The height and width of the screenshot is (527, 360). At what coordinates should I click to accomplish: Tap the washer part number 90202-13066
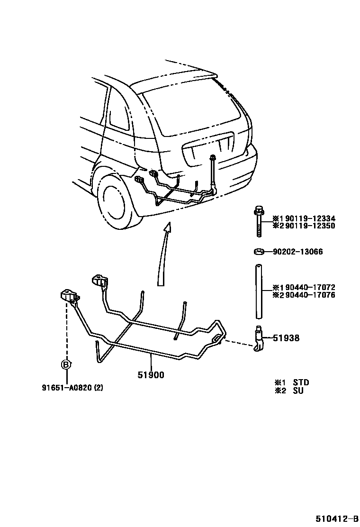[298, 252]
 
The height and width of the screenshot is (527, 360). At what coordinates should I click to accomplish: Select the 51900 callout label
[151, 375]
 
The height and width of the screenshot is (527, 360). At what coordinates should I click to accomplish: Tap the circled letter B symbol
[66, 364]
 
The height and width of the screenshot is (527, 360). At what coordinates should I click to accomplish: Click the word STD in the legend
[301, 382]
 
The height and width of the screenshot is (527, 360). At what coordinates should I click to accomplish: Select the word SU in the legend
[298, 391]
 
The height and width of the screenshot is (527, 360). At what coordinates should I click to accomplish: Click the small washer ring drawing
[259, 251]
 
